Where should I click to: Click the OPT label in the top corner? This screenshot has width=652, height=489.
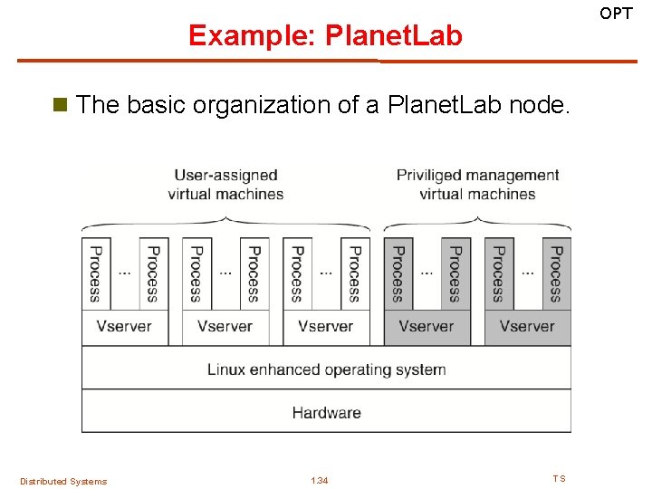point(617,14)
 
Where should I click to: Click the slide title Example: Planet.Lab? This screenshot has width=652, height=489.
point(325,35)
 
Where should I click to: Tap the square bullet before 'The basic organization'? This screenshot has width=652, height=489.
point(62,105)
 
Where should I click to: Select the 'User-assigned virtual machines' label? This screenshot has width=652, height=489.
point(225,184)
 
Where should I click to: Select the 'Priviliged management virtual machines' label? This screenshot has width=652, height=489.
point(477,184)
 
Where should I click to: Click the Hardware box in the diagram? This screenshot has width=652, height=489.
point(326,412)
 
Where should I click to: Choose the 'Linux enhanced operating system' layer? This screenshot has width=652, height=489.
point(326,369)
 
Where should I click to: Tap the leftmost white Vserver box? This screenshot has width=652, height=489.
point(124,327)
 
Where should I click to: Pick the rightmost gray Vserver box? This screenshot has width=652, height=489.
point(527,327)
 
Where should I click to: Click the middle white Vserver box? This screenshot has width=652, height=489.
point(225,327)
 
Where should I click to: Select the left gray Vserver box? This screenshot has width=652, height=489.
point(427,327)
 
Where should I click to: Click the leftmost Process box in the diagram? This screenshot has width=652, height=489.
point(95,273)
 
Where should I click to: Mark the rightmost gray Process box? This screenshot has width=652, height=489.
point(556,273)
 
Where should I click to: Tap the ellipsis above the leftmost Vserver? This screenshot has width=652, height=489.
point(124,272)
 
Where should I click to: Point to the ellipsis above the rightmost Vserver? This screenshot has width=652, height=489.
point(527,272)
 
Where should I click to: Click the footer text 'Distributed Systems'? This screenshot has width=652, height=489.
point(63,481)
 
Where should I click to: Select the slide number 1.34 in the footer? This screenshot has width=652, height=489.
point(320,480)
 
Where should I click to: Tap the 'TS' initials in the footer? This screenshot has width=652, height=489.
point(559,478)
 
